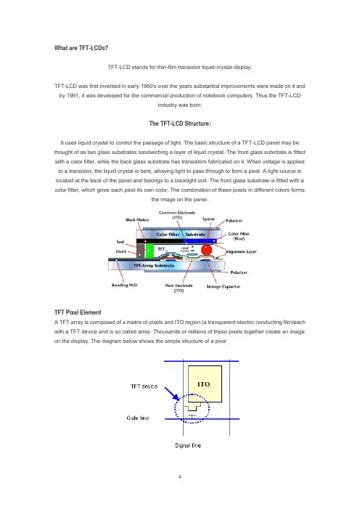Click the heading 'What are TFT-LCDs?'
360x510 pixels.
click(x=81, y=48)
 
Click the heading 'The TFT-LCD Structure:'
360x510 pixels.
click(x=180, y=124)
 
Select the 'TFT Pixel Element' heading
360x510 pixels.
click(x=78, y=312)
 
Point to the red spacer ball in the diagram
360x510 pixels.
click(x=206, y=250)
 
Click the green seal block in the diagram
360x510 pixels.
click(x=150, y=251)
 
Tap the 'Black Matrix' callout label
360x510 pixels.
click(x=137, y=220)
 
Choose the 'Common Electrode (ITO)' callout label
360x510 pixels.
click(x=177, y=215)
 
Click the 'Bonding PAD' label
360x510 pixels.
click(x=124, y=286)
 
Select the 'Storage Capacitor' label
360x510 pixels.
click(x=224, y=286)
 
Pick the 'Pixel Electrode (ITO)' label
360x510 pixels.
click(x=179, y=288)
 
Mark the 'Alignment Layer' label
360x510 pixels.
click(x=241, y=252)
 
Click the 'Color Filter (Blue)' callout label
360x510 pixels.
click(x=239, y=236)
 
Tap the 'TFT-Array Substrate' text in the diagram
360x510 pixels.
click(x=154, y=266)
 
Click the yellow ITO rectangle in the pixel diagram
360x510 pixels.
click(x=205, y=384)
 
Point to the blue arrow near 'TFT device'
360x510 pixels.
click(x=172, y=394)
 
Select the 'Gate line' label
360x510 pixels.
click(x=138, y=418)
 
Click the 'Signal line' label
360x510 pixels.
click(x=188, y=445)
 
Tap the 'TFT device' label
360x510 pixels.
click(x=144, y=386)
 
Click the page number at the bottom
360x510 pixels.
click(x=180, y=477)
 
